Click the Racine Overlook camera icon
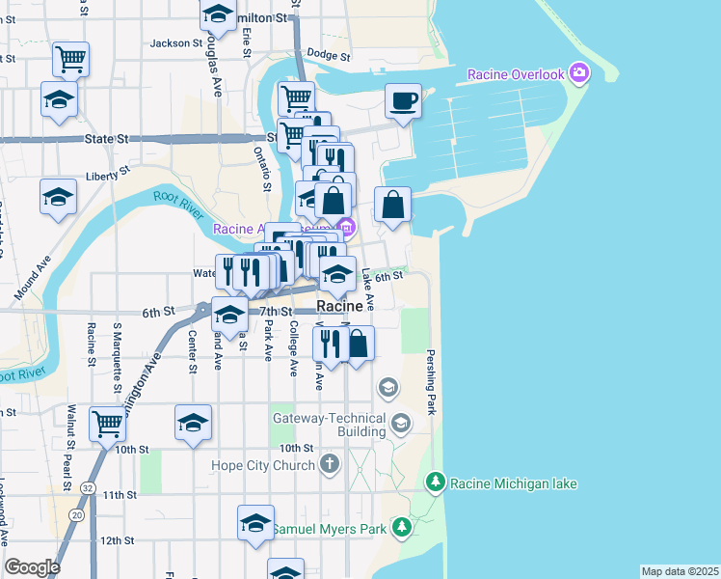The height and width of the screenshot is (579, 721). (578, 72)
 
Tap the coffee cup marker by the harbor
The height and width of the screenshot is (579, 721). (403, 101)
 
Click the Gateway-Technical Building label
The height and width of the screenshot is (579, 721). (329, 427)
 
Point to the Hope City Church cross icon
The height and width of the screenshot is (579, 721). (330, 464)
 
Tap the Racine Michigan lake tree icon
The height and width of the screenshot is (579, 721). (436, 482)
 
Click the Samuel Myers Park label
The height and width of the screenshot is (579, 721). (329, 529)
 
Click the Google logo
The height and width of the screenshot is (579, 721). (33, 567)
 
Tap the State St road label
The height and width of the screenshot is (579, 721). (106, 139)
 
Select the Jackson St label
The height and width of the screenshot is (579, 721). (175, 43)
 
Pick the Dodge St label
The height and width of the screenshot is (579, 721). (326, 55)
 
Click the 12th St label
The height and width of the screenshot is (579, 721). (117, 540)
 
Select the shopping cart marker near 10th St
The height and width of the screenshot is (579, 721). (106, 423)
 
